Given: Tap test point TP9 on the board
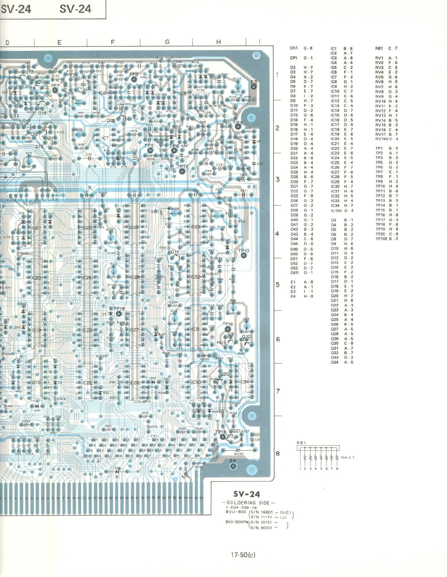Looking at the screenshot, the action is pyautogui.click(x=238, y=126).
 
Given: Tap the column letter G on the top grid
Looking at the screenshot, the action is pyautogui.click(x=167, y=42).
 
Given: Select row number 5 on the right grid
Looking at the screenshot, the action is pyautogui.click(x=278, y=284).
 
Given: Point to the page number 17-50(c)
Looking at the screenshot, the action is pyautogui.click(x=243, y=555).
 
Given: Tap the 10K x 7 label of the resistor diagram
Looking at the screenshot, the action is pyautogui.click(x=347, y=457).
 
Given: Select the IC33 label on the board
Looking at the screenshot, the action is pyautogui.click(x=195, y=227).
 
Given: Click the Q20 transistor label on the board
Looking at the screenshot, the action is pyautogui.click(x=225, y=374).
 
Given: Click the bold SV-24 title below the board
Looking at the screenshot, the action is pyautogui.click(x=247, y=494).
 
